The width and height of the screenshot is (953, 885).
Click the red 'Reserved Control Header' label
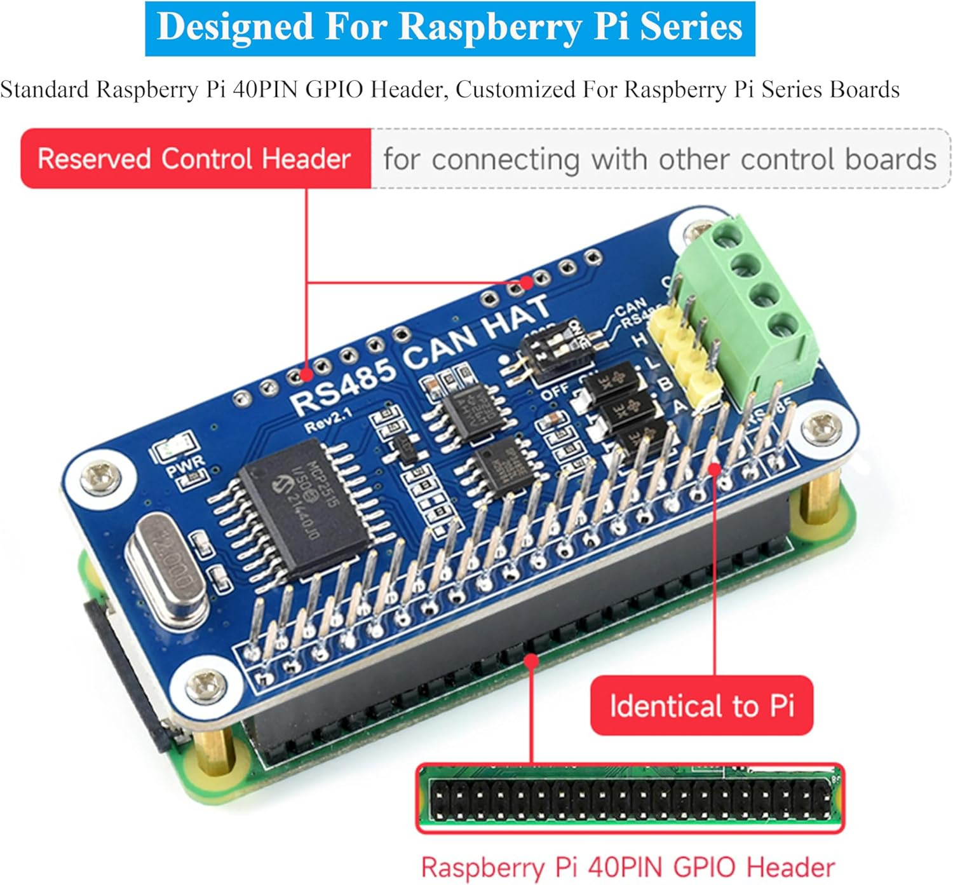point(195,158)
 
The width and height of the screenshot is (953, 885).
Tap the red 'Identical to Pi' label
point(701,706)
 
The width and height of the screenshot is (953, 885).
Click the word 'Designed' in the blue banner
point(234,27)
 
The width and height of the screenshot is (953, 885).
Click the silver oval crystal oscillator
point(167,571)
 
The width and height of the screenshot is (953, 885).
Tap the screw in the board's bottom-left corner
point(205,687)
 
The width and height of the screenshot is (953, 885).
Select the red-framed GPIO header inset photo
point(629,799)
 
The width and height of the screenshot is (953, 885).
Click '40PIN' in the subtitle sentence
point(266,90)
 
